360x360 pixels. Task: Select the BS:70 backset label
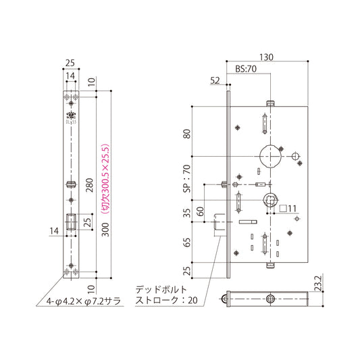247,69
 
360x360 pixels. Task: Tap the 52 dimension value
215,80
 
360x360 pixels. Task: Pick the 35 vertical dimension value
186,215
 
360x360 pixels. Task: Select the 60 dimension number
201,211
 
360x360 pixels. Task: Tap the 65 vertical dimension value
186,242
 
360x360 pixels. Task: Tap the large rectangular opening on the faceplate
70,222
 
